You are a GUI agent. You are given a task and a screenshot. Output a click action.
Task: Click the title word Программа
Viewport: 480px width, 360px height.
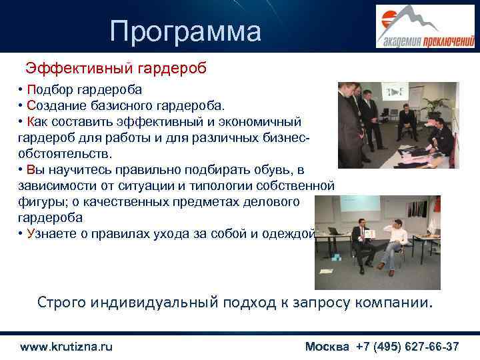pyautogui.click(x=186, y=31)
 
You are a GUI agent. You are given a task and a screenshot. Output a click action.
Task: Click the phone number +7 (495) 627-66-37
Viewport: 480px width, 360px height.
pyautogui.click(x=407, y=347)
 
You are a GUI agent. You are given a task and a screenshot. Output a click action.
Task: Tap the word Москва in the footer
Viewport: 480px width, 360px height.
pyautogui.click(x=327, y=347)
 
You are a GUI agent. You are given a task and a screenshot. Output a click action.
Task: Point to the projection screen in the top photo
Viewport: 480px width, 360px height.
pyautogui.click(x=397, y=93)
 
